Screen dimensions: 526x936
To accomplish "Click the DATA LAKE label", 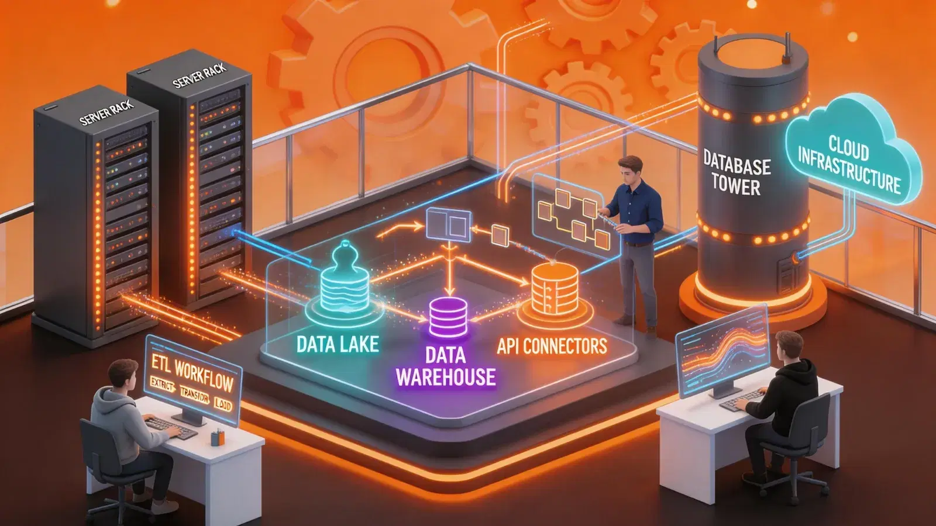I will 338,344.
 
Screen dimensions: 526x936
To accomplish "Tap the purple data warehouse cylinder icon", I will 449,317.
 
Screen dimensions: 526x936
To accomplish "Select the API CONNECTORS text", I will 552,347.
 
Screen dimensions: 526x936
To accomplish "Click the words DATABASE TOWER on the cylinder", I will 736,172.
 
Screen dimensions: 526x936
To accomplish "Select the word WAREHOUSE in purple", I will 446,377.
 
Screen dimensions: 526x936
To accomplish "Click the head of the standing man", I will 631,169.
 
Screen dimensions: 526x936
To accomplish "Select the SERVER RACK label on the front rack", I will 106,112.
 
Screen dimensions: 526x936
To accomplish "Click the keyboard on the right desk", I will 742,399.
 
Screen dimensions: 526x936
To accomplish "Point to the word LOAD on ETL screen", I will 223,404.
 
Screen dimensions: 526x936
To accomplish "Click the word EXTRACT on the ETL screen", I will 161,384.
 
